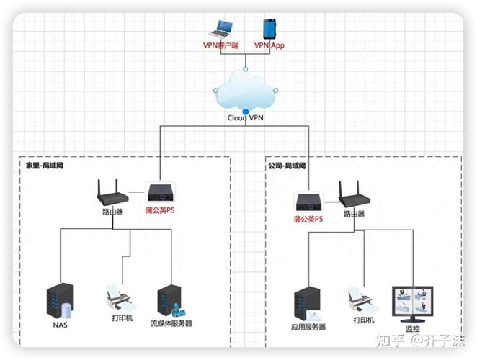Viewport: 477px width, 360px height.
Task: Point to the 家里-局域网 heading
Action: point(45,166)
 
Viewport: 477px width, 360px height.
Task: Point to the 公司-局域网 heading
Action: point(287,166)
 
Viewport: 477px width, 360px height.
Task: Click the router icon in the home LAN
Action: point(112,192)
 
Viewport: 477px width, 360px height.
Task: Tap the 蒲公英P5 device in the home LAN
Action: point(159,194)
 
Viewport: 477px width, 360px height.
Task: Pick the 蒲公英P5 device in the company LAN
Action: point(307,201)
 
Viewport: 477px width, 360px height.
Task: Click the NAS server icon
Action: point(60,302)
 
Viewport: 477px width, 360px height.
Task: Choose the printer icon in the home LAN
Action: point(117,297)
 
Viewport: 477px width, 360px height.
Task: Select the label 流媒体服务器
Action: point(171,324)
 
